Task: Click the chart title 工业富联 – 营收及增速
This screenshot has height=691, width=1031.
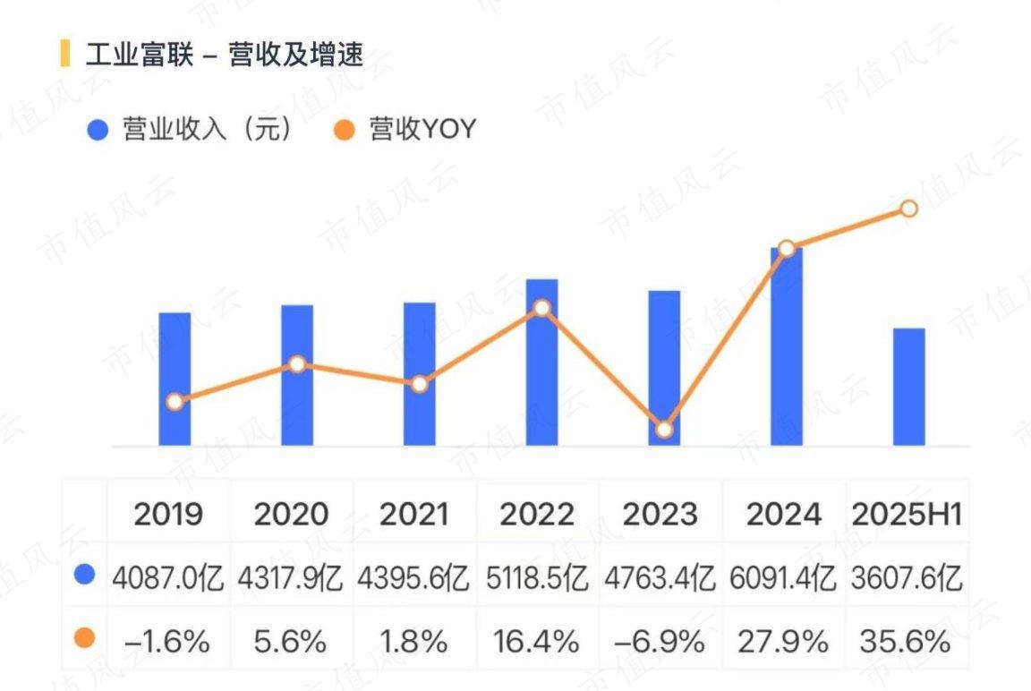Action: (224, 55)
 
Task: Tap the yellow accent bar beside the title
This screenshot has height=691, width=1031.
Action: (64, 54)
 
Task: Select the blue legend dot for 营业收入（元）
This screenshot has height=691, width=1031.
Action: (98, 130)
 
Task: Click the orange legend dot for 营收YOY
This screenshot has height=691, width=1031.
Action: (344, 130)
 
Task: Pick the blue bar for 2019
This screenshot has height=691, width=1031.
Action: (175, 358)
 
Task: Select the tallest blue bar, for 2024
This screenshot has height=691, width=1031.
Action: (786, 358)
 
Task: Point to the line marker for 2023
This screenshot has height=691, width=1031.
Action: (663, 430)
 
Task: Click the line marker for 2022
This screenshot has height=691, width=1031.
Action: (541, 308)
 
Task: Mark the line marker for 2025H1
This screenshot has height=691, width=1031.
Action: (908, 209)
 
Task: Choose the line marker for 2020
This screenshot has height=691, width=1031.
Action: (297, 364)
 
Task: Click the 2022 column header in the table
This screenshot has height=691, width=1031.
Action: (537, 514)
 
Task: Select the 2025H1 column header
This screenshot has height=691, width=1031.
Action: (907, 514)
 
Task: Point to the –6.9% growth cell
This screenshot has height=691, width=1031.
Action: (660, 641)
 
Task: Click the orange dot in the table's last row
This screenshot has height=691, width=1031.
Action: (85, 638)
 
